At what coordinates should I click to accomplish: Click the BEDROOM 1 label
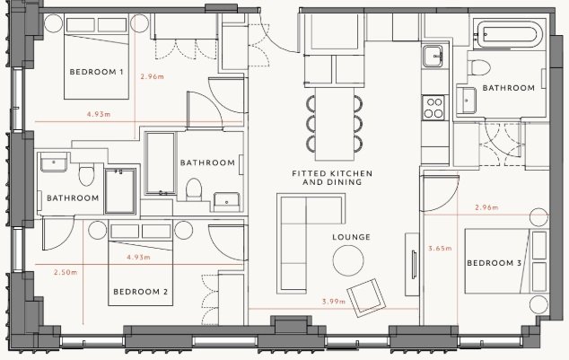(96, 72)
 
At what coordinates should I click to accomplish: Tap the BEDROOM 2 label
(140, 292)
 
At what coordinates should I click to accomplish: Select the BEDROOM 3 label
(494, 263)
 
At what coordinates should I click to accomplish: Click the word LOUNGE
(351, 237)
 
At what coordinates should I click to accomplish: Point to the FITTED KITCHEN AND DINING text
(332, 178)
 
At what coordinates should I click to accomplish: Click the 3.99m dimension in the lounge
(334, 302)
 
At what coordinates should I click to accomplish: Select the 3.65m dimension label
(440, 249)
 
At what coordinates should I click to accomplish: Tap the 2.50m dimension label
(66, 272)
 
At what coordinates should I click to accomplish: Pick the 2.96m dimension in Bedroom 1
(152, 76)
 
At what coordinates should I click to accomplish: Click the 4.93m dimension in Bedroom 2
(138, 258)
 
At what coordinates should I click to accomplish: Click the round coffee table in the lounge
(348, 260)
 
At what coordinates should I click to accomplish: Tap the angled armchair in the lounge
(366, 297)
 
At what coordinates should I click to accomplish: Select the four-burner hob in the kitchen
(433, 108)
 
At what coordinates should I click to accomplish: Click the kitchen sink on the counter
(433, 57)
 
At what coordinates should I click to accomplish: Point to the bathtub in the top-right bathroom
(509, 34)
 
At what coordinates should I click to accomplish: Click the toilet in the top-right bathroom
(478, 67)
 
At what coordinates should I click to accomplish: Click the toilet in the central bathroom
(194, 189)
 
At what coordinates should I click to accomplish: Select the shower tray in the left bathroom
(120, 191)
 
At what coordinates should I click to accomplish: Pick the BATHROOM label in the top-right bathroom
(508, 88)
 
